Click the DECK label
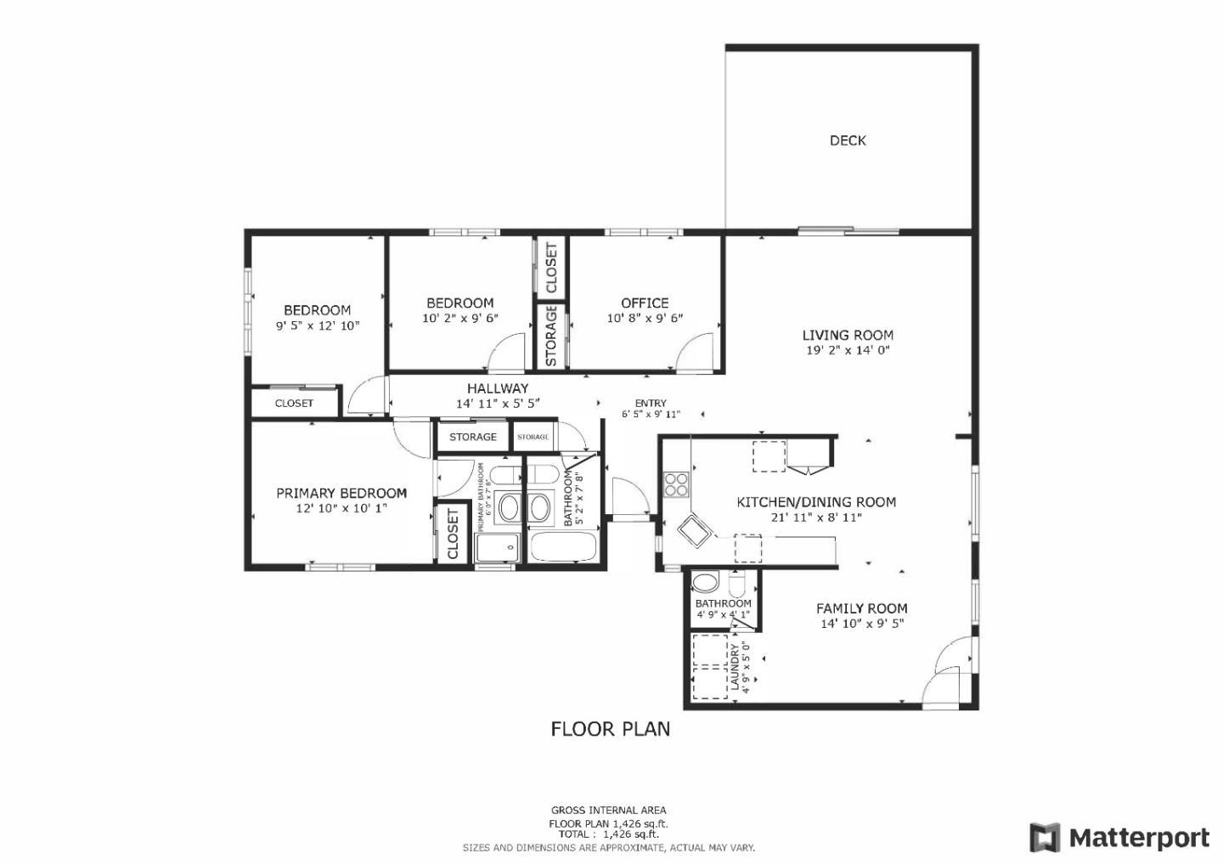(x=848, y=141)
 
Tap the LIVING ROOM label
(x=848, y=336)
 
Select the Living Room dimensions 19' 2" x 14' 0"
(x=848, y=350)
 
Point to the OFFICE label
(x=645, y=303)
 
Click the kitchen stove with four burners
(x=676, y=484)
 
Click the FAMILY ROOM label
(x=861, y=608)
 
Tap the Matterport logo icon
(x=1045, y=837)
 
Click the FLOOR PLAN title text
(x=610, y=729)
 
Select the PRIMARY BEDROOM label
(x=341, y=494)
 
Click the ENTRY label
(x=651, y=404)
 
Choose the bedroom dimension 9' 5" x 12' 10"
(x=318, y=325)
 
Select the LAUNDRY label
(x=735, y=666)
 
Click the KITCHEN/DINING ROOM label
(x=815, y=502)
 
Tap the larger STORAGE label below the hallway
(x=472, y=437)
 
